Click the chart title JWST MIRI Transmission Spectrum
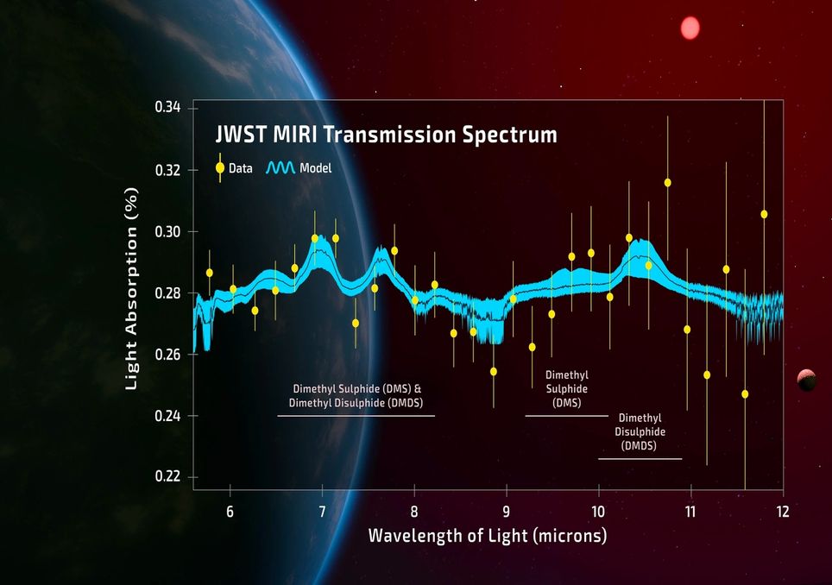click(385, 135)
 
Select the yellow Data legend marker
click(220, 167)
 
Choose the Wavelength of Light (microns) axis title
click(488, 536)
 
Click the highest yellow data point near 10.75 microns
click(667, 182)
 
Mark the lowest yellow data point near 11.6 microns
click(745, 393)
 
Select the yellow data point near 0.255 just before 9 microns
click(494, 371)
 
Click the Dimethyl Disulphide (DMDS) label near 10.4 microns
click(640, 431)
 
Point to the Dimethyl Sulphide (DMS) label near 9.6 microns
click(567, 389)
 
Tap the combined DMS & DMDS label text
click(356, 396)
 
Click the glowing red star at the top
click(690, 28)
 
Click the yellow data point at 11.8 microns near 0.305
click(764, 214)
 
